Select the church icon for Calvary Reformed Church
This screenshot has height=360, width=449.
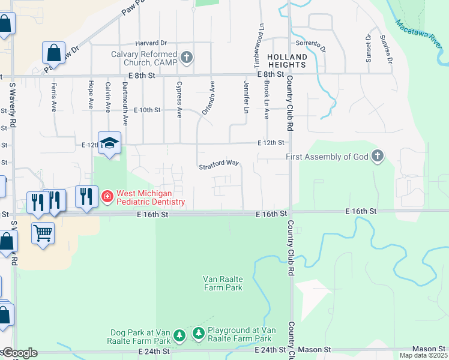coord(187,57)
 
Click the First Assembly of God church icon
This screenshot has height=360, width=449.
coord(377,157)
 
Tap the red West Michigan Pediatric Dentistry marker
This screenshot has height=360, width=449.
coord(107,196)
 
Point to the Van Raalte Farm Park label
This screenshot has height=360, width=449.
coord(222,283)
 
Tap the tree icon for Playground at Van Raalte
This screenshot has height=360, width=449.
coord(199,332)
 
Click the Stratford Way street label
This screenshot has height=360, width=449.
coord(219,163)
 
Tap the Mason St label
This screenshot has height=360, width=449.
coord(429,349)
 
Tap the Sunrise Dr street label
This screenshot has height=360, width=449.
coord(386,49)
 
